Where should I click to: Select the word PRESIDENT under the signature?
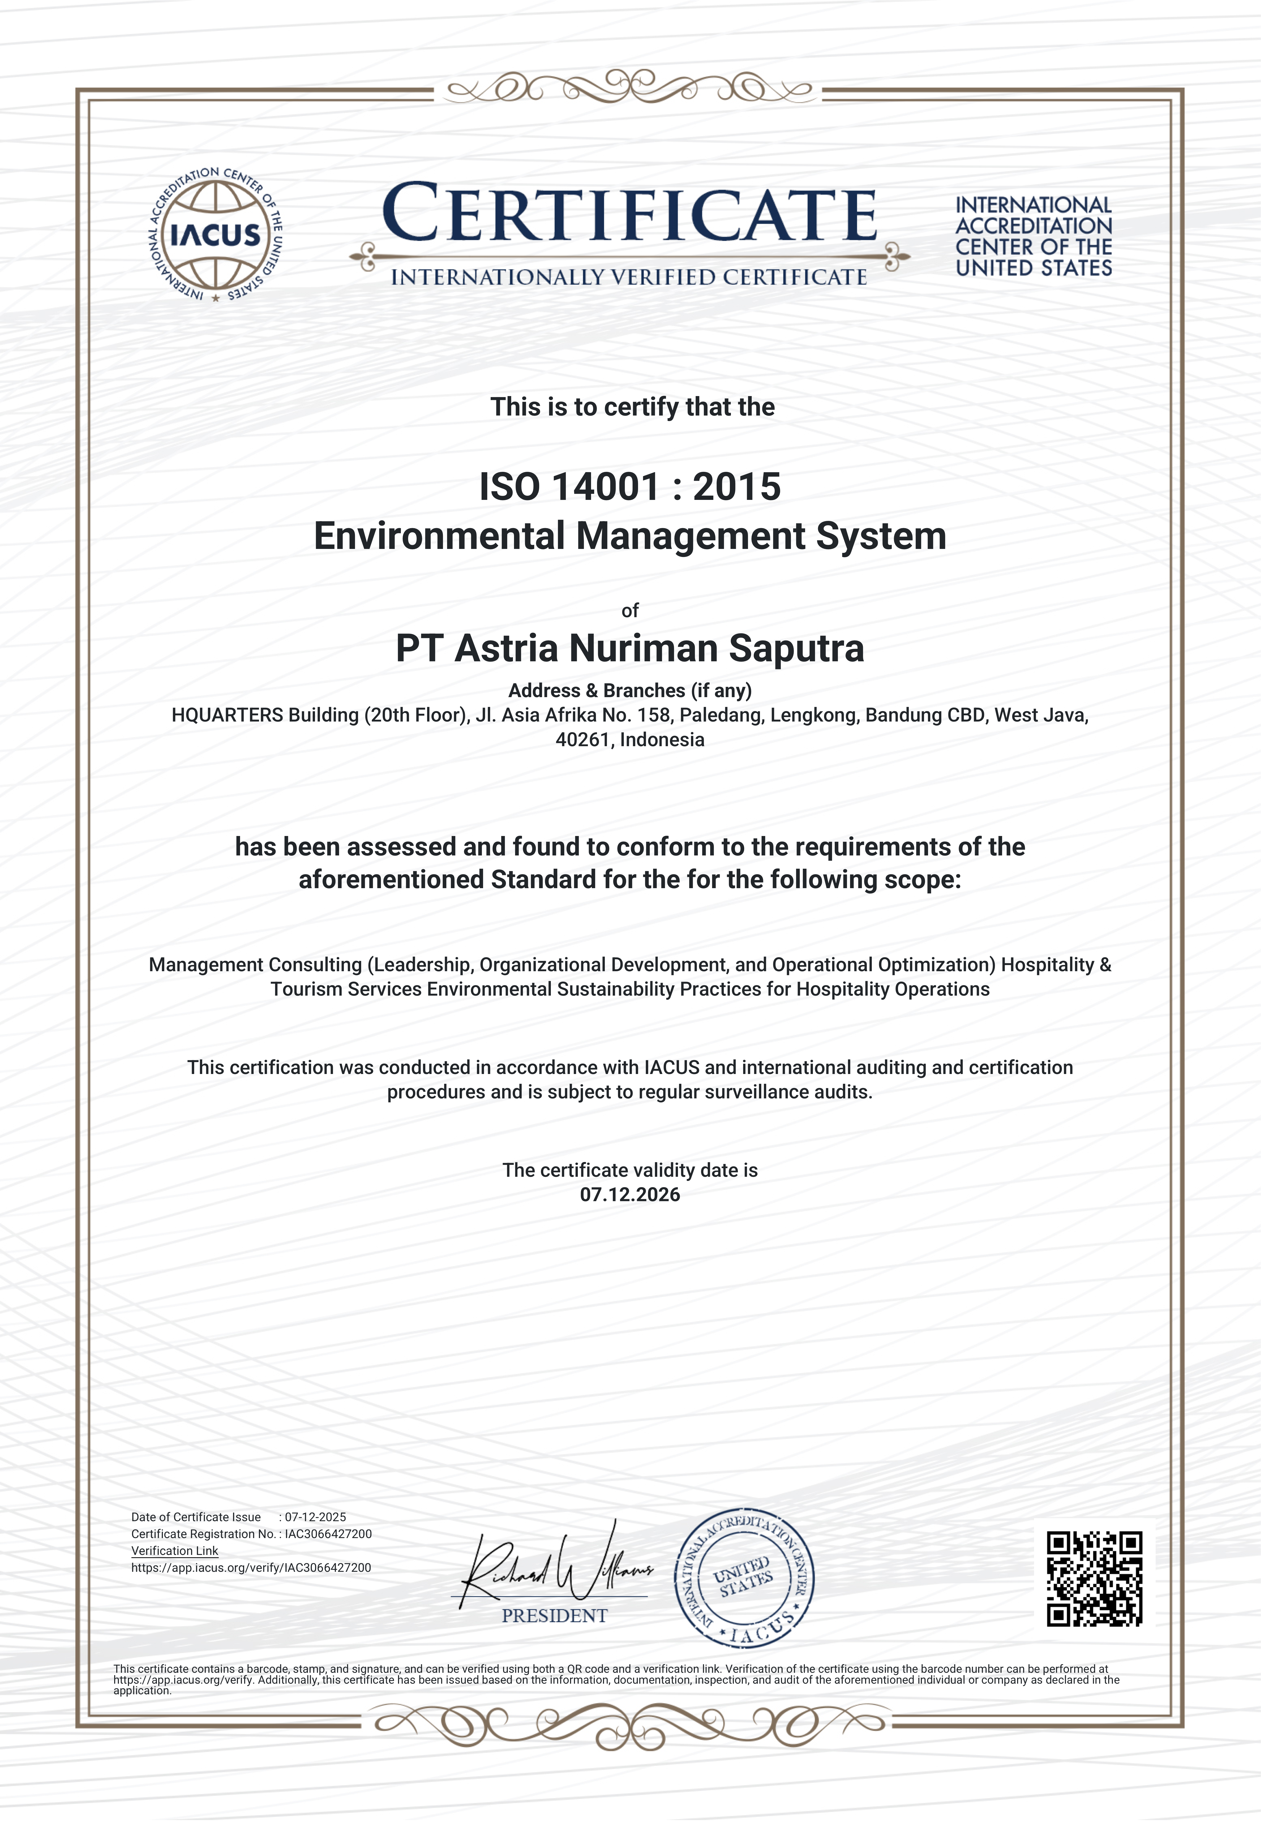[555, 1616]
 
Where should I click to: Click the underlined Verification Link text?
[175, 1551]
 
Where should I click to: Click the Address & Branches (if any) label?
[630, 691]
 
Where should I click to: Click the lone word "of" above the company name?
[630, 610]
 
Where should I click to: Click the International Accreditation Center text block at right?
[1033, 236]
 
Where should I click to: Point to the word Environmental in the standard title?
[439, 536]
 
